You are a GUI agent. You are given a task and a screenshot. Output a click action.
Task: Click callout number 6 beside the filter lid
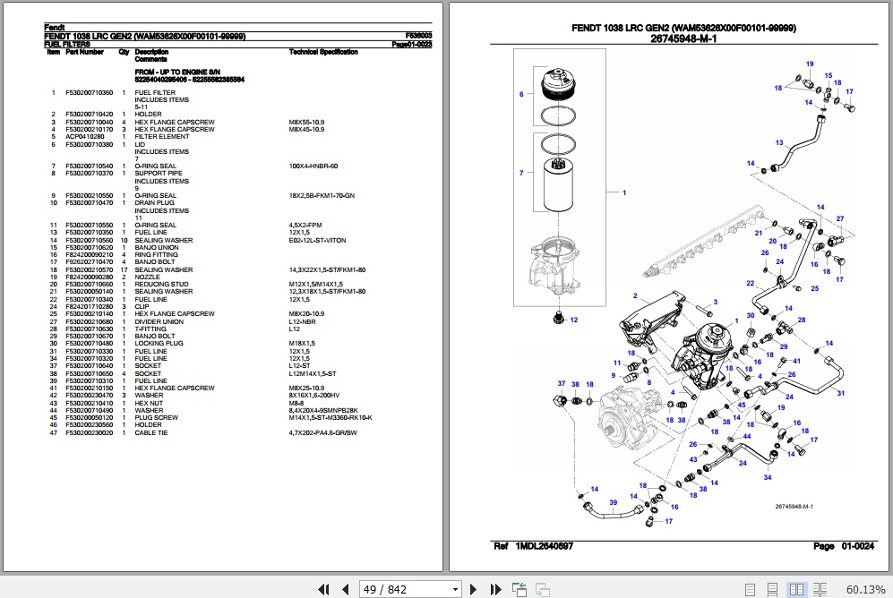521,94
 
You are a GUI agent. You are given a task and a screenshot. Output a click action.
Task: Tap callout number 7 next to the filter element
521,172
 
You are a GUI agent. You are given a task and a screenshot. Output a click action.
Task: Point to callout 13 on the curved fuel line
779,143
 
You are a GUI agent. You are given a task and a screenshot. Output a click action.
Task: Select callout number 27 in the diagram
839,219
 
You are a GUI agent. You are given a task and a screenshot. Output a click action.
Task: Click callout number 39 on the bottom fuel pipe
614,503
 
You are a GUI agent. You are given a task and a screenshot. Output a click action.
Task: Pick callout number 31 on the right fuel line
840,393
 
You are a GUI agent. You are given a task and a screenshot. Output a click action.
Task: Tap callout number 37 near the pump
562,383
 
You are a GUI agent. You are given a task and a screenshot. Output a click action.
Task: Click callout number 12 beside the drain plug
573,320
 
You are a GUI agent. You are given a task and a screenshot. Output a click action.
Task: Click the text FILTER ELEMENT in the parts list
162,137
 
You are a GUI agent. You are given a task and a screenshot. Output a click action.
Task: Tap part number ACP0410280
84,137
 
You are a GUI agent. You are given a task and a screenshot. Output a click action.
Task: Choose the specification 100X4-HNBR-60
313,167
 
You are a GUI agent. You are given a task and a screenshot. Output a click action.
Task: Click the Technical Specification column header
323,52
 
